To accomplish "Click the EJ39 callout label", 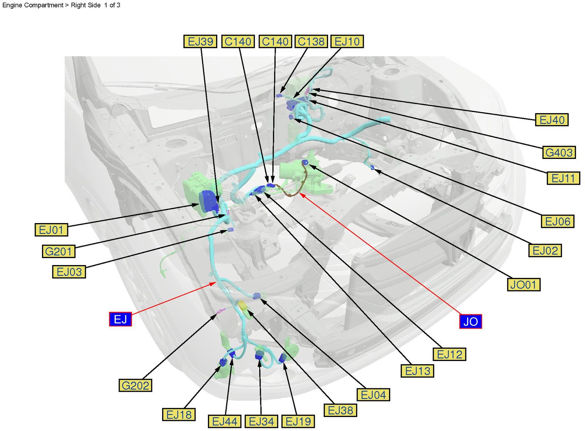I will [200, 41].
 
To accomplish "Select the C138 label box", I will [311, 41].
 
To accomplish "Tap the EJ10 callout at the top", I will [347, 41].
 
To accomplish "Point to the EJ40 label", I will [552, 120].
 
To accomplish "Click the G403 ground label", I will [559, 152].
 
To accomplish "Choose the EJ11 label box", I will [563, 178].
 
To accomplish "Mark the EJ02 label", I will [545, 251].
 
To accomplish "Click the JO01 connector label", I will [523, 284].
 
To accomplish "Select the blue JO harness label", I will [470, 321].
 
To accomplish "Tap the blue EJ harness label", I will [120, 319].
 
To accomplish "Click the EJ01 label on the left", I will [51, 230].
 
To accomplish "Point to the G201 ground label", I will [58, 251].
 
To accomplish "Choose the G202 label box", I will [135, 386].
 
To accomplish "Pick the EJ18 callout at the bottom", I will [179, 414].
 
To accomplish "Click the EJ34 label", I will [261, 421].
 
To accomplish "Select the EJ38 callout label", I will [341, 410].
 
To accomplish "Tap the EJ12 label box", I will [449, 354].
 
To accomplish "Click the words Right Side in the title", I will [86, 5].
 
